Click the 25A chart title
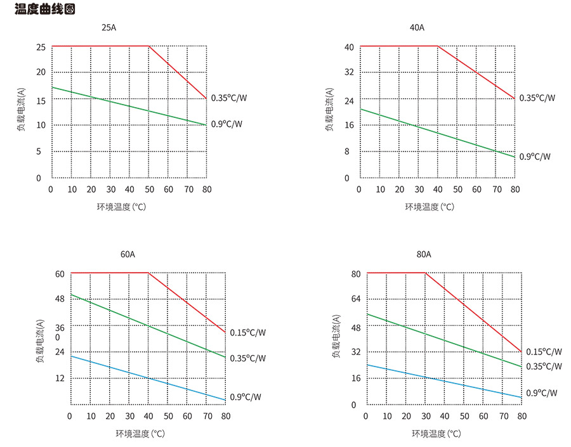pyautogui.click(x=109, y=28)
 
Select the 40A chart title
pyautogui.click(x=417, y=28)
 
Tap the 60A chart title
pyautogui.click(x=128, y=255)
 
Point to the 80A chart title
pyautogui.click(x=424, y=255)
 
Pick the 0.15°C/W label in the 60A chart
pyautogui.click(x=247, y=332)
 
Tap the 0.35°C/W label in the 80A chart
pyautogui.click(x=544, y=366)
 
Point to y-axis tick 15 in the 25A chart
pyautogui.click(x=41, y=100)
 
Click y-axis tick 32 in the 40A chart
pyautogui.click(x=348, y=72)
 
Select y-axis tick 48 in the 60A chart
pyautogui.click(x=60, y=299)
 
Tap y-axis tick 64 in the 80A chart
pyautogui.click(x=356, y=299)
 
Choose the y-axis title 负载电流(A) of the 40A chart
pyautogui.click(x=330, y=108)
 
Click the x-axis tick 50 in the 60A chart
pyautogui.click(x=168, y=416)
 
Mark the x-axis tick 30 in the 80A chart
pyautogui.click(x=424, y=416)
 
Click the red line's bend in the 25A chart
pyautogui.click(x=149, y=46)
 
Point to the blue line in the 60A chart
pyautogui.click(x=148, y=378)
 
